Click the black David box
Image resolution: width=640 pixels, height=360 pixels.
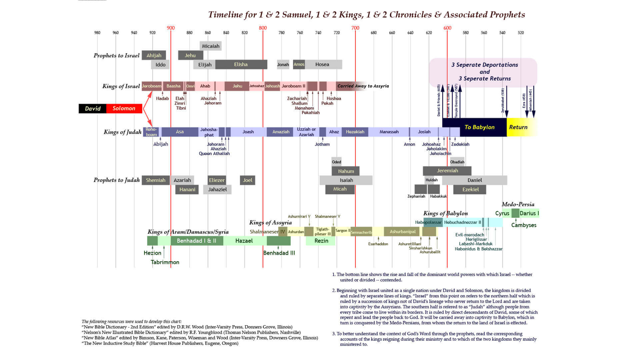[x=93, y=108]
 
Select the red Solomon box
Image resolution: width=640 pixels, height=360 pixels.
[x=124, y=108]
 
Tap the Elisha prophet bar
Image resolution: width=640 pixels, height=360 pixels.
[x=241, y=64]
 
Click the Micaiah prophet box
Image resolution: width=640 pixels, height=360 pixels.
[x=211, y=46]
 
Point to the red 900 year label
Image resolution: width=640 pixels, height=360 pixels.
[x=171, y=28]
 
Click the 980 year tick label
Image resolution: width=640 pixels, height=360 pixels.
[x=97, y=33]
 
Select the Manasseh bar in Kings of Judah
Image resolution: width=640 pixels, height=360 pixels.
[x=389, y=132]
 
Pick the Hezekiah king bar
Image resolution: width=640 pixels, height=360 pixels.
[x=355, y=132]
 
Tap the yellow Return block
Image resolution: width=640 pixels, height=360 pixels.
[x=518, y=127]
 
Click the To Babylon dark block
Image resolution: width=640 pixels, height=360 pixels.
[x=479, y=127]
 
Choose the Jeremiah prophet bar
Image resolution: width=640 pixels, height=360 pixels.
[x=447, y=171]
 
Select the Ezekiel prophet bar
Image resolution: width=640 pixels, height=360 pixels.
[x=470, y=189]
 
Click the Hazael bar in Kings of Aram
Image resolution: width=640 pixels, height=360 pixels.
[x=244, y=241]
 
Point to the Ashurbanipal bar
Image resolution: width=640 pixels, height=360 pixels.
[x=403, y=232]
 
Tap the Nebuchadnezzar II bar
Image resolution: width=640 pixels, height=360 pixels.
[x=462, y=222]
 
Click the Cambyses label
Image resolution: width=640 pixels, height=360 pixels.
[x=524, y=225]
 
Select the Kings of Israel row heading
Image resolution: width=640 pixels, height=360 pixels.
[x=121, y=86]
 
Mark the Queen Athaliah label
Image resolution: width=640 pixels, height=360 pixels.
[x=214, y=154]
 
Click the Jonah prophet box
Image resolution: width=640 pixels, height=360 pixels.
[x=283, y=64]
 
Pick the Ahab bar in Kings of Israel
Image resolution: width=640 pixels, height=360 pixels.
[x=205, y=86]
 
